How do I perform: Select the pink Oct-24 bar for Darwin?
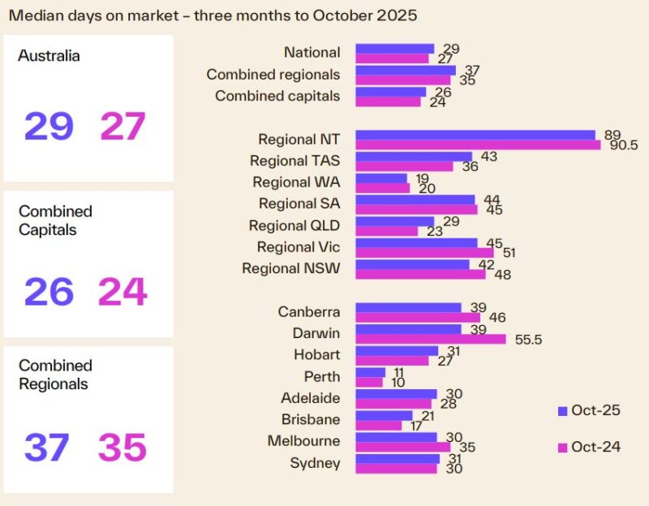click(431, 338)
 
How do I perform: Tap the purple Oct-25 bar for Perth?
click(371, 372)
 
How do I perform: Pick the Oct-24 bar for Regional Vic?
click(424, 252)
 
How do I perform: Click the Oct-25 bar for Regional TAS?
click(414, 157)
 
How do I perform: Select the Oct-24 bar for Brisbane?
click(379, 425)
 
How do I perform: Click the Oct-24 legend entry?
click(589, 448)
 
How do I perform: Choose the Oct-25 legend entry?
click(589, 410)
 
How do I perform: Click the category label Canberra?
click(309, 311)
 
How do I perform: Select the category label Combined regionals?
click(273, 74)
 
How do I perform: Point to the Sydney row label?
click(315, 463)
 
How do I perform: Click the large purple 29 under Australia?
click(49, 126)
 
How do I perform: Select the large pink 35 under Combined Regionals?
click(122, 448)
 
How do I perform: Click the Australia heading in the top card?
click(49, 57)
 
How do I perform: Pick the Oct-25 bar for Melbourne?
click(396, 437)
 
